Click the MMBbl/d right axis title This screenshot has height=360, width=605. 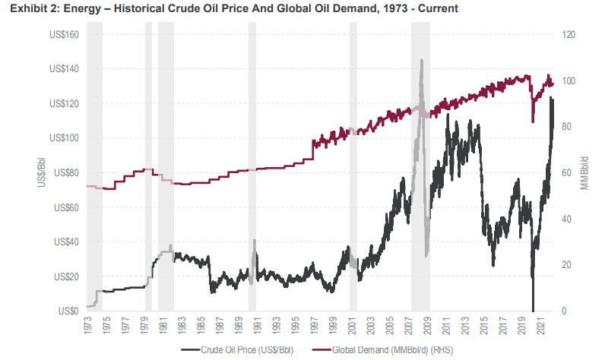[584, 172]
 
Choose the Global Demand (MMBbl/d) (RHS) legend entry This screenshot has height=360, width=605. [377, 350]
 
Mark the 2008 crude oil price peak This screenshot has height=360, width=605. [421, 61]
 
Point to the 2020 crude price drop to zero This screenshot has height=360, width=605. [533, 307]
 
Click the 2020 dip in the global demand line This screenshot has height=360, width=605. [533, 118]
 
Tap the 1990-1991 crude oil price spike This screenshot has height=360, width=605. [254, 242]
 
